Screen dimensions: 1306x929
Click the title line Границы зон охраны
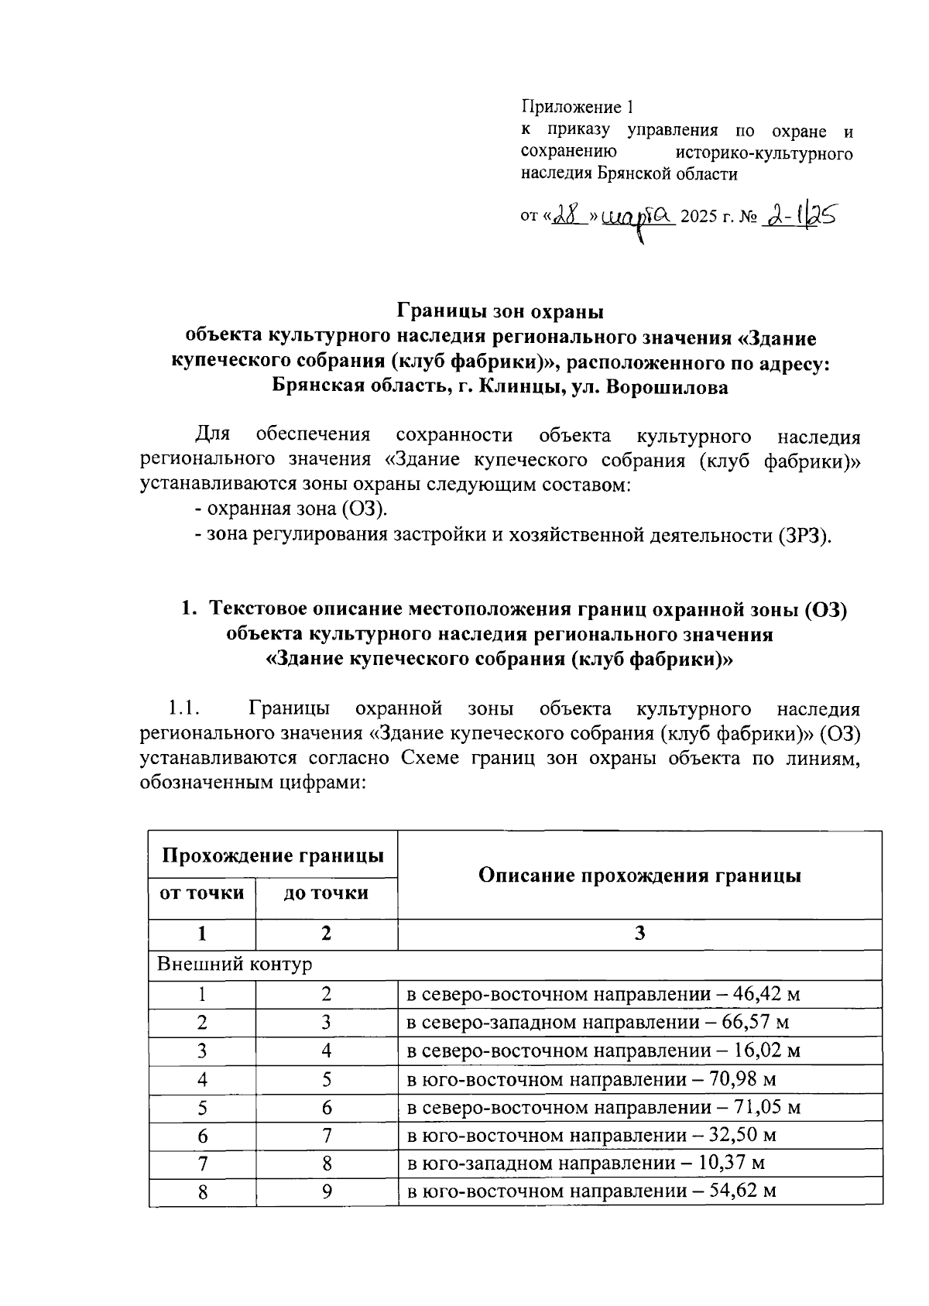click(x=499, y=312)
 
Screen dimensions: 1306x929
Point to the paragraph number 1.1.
click(x=184, y=708)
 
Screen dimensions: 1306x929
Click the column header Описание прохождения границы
click(x=639, y=876)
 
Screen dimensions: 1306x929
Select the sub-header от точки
click(x=201, y=893)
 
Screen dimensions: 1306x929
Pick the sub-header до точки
click(x=326, y=893)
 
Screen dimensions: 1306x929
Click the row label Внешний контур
click(x=235, y=965)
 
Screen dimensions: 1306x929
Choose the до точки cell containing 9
click(x=327, y=1192)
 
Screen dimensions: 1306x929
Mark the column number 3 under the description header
click(x=639, y=934)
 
